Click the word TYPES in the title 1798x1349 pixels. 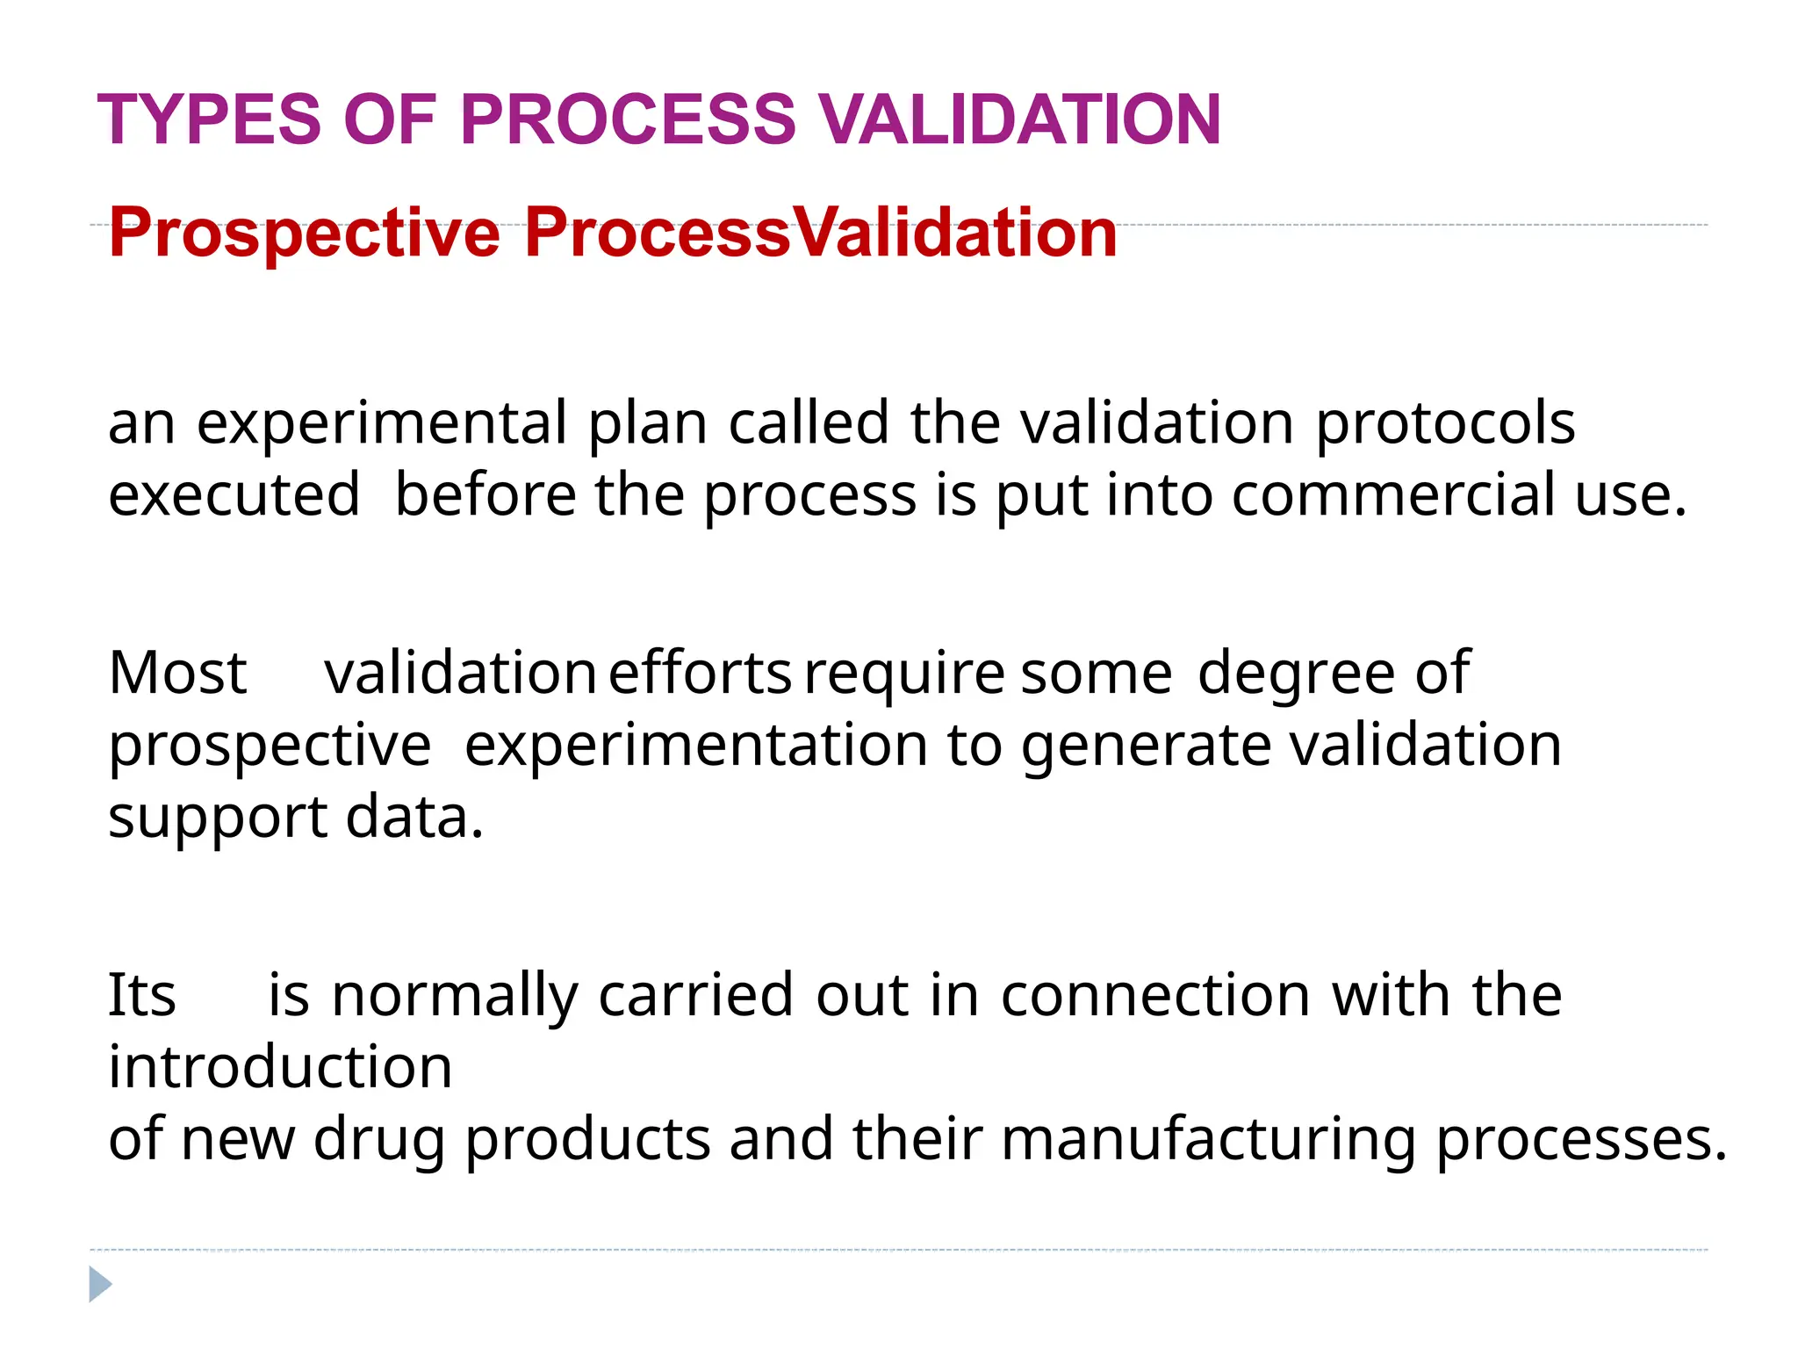[x=209, y=119]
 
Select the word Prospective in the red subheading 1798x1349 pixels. [x=304, y=233]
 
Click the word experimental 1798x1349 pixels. [x=382, y=424]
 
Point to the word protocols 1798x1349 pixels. [x=1445, y=424]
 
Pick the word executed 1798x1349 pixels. [x=234, y=494]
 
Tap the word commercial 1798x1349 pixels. [x=1393, y=494]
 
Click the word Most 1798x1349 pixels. [x=177, y=674]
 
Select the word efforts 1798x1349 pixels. [x=700, y=674]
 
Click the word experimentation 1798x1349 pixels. [x=695, y=747]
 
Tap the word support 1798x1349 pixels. [x=218, y=819]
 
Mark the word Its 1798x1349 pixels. [x=141, y=995]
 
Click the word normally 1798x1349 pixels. [x=455, y=997]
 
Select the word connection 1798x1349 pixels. [x=1155, y=995]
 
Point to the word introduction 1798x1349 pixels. [x=280, y=1067]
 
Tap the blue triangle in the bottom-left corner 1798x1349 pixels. [x=99, y=1285]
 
